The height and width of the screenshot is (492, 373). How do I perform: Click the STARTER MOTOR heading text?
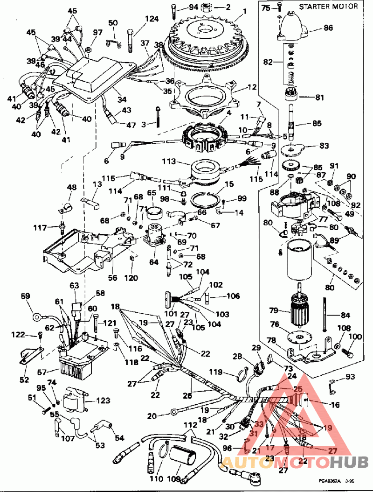tap(328, 7)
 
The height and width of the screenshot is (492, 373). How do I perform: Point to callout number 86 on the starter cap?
tap(329, 28)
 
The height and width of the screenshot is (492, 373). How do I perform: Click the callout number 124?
tap(151, 19)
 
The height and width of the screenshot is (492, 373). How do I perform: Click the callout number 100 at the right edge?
tap(355, 337)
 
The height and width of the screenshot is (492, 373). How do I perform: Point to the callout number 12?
tap(252, 87)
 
